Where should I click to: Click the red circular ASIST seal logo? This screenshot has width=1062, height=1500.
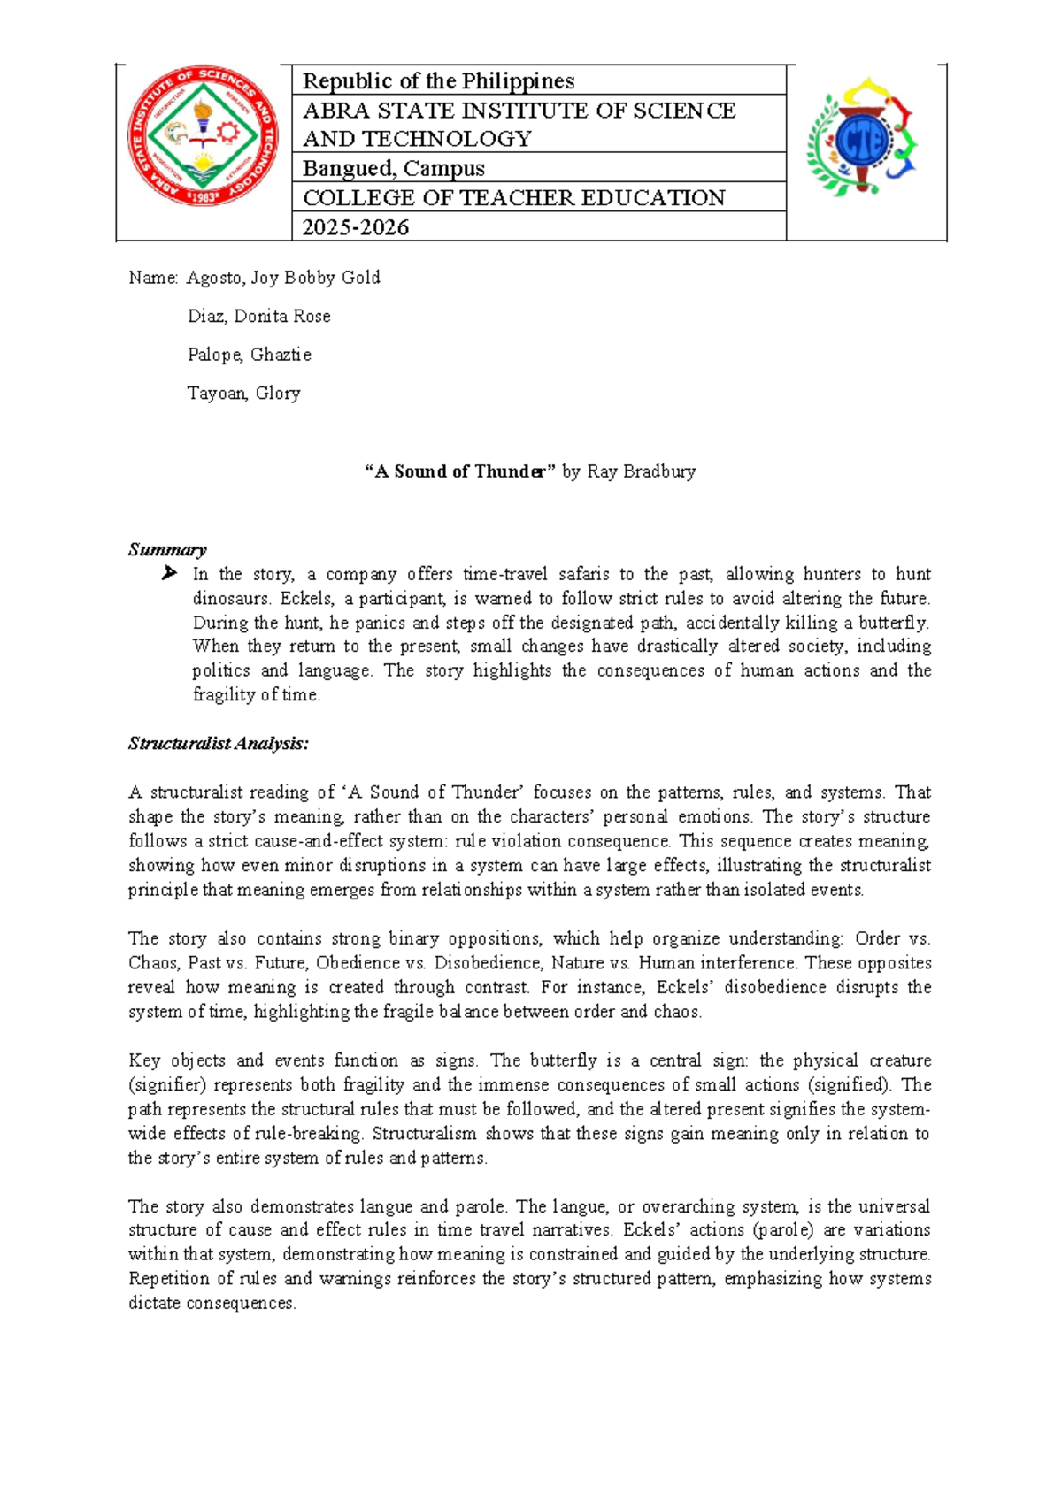click(203, 136)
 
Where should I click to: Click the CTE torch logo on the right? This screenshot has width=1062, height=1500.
click(861, 137)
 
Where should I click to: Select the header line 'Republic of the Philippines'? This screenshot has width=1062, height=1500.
click(438, 81)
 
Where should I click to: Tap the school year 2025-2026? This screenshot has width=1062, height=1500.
click(356, 227)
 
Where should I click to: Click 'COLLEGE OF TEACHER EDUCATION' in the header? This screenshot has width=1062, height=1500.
click(514, 197)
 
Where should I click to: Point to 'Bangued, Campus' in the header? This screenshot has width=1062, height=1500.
click(394, 168)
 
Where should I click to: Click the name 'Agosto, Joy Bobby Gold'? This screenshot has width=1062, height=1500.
click(283, 278)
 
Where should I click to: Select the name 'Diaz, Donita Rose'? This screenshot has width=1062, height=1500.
click(258, 317)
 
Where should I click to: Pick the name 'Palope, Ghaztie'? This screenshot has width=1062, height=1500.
click(249, 355)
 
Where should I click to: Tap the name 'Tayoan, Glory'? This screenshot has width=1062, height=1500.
click(243, 394)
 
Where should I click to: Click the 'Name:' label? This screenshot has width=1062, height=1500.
click(153, 278)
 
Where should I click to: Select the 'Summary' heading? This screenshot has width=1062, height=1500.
click(167, 549)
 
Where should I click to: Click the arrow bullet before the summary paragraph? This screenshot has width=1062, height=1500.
click(169, 574)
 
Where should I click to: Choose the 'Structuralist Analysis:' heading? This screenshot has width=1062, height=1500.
click(219, 744)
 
